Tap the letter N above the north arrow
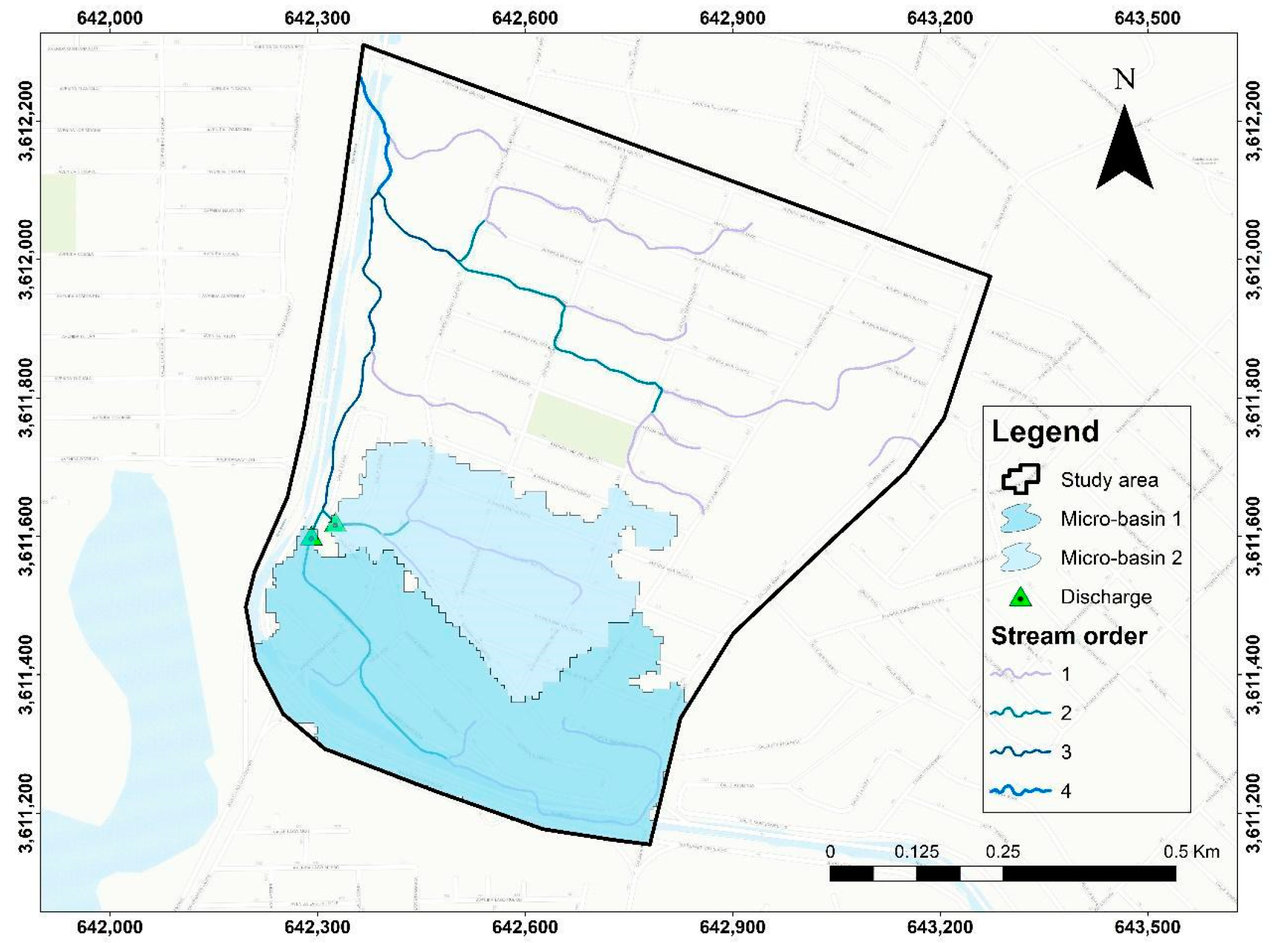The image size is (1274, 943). (x=1124, y=79)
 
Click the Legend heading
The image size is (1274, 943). (x=1045, y=431)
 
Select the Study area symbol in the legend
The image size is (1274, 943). (x=1020, y=479)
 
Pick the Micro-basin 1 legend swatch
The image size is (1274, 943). (x=1020, y=518)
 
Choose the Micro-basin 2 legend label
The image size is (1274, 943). (x=1120, y=558)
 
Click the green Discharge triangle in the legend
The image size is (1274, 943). (x=1020, y=597)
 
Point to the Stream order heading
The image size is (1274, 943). (x=1069, y=636)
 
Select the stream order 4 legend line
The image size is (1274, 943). (x=1020, y=791)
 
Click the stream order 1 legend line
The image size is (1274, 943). (x=1020, y=674)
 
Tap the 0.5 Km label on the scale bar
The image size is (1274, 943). (x=1191, y=852)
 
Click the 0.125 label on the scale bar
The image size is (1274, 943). (x=917, y=852)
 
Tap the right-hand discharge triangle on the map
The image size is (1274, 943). (x=335, y=524)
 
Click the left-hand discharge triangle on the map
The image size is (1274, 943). (x=311, y=537)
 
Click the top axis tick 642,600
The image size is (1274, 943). (x=525, y=18)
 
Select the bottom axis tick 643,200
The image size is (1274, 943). (x=940, y=927)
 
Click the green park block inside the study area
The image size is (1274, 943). (x=581, y=430)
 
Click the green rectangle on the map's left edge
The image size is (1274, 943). (x=58, y=213)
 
